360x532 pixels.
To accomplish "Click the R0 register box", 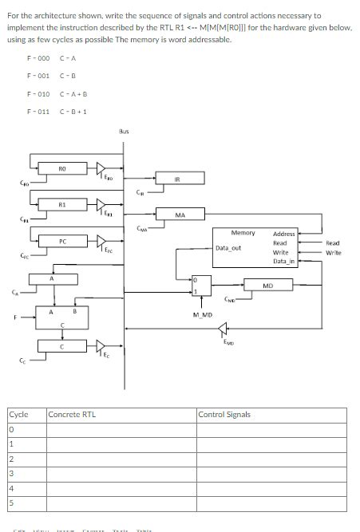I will (62, 168).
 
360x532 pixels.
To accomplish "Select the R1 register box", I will (62, 205).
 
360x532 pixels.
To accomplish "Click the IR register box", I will (180, 181).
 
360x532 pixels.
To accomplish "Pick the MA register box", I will (180, 215).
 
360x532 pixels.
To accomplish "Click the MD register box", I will (268, 285).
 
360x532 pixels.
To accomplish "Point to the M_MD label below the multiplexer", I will (203, 316).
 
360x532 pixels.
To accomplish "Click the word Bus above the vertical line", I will (124, 130).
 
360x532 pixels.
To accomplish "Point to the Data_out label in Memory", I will (228, 248).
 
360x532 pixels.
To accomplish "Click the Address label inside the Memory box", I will (284, 234).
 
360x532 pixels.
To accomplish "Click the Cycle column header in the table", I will (18, 415).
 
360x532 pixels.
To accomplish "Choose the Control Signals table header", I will (224, 415).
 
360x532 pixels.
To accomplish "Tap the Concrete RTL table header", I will (73, 415).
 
